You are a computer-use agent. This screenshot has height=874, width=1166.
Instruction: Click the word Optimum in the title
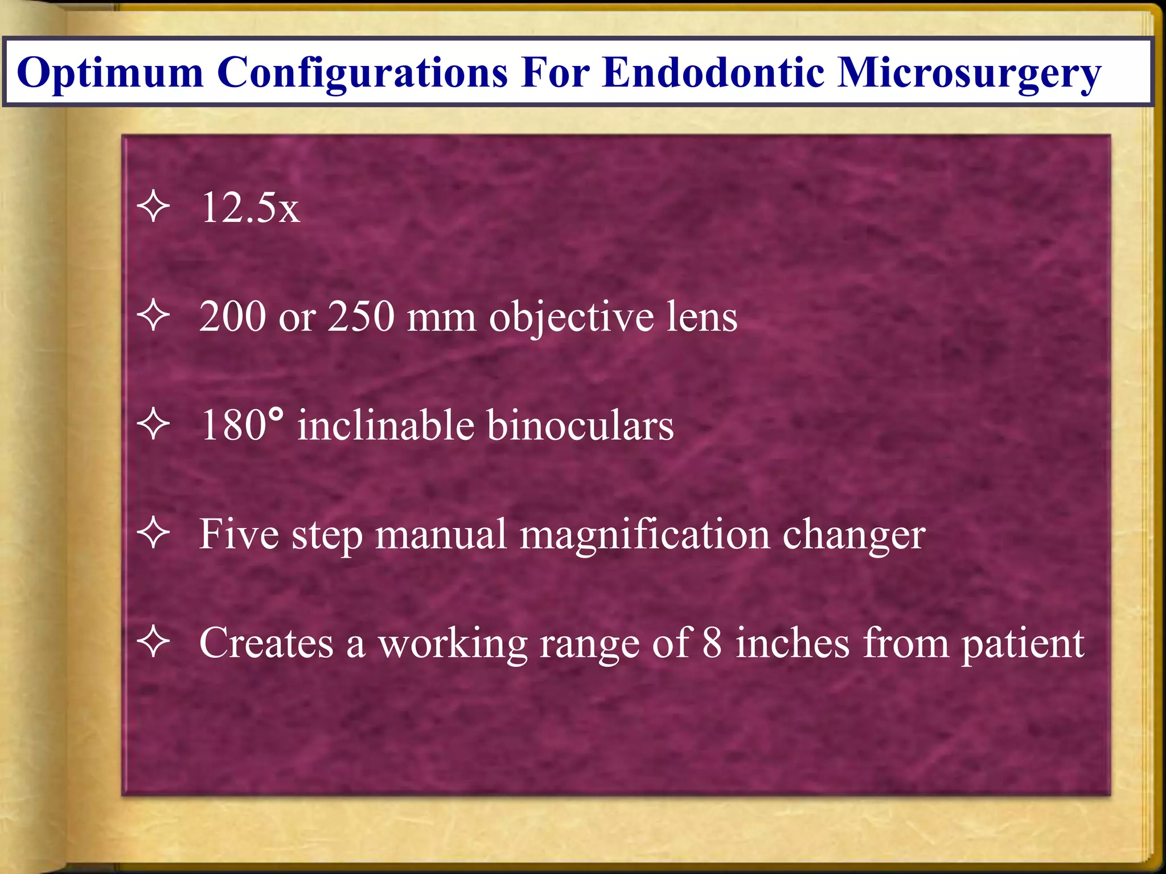click(x=110, y=73)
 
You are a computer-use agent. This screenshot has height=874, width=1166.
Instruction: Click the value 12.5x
click(x=250, y=208)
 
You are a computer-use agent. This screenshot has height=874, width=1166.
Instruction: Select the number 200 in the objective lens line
click(x=233, y=316)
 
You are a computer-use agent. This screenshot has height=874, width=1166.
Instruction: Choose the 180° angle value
click(x=241, y=426)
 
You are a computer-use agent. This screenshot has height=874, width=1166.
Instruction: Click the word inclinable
click(x=386, y=426)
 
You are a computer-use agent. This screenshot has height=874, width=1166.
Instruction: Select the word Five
click(x=239, y=534)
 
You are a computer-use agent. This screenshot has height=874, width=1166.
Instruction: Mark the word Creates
click(x=266, y=643)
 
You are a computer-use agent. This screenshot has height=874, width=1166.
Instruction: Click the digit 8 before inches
click(x=712, y=643)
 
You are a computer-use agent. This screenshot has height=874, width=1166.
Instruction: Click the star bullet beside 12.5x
click(x=154, y=208)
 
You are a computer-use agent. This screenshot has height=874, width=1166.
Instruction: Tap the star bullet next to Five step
click(x=154, y=534)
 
